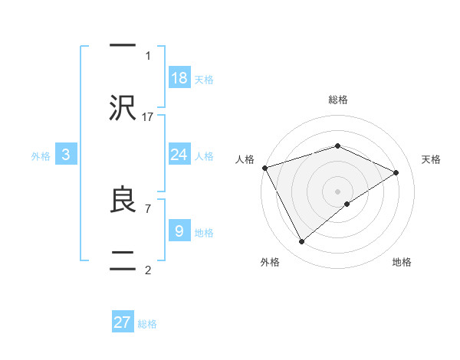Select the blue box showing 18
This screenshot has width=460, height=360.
click(x=179, y=78)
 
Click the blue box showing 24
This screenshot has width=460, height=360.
click(x=179, y=155)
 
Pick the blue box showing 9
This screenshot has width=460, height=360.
click(x=179, y=231)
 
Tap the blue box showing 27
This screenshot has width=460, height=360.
click(x=123, y=322)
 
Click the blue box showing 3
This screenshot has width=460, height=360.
click(x=66, y=155)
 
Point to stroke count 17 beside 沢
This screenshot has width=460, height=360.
click(x=148, y=116)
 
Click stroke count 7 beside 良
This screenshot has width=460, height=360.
click(x=147, y=208)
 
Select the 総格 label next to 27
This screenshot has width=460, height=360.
click(x=147, y=324)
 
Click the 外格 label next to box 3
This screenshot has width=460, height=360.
click(x=41, y=155)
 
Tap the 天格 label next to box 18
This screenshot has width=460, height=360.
click(x=203, y=79)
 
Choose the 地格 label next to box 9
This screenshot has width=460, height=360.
click(x=203, y=232)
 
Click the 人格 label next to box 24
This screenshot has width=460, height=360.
click(x=203, y=155)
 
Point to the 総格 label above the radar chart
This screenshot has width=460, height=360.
click(x=337, y=100)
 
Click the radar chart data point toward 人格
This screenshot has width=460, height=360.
click(x=264, y=168)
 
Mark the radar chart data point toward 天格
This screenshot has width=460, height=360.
click(x=396, y=172)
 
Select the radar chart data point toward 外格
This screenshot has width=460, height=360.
click(x=301, y=242)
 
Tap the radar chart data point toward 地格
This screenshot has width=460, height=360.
click(x=347, y=204)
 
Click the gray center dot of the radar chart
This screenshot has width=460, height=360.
click(x=337, y=191)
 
